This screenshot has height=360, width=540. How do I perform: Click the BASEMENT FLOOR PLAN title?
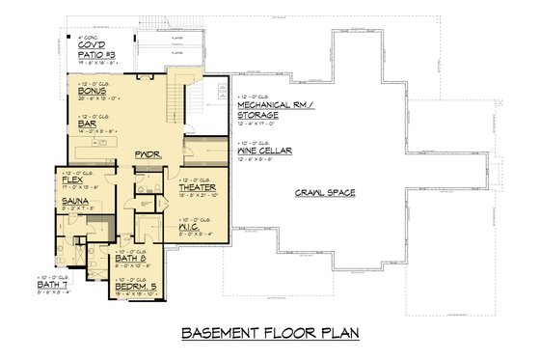point(269,334)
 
